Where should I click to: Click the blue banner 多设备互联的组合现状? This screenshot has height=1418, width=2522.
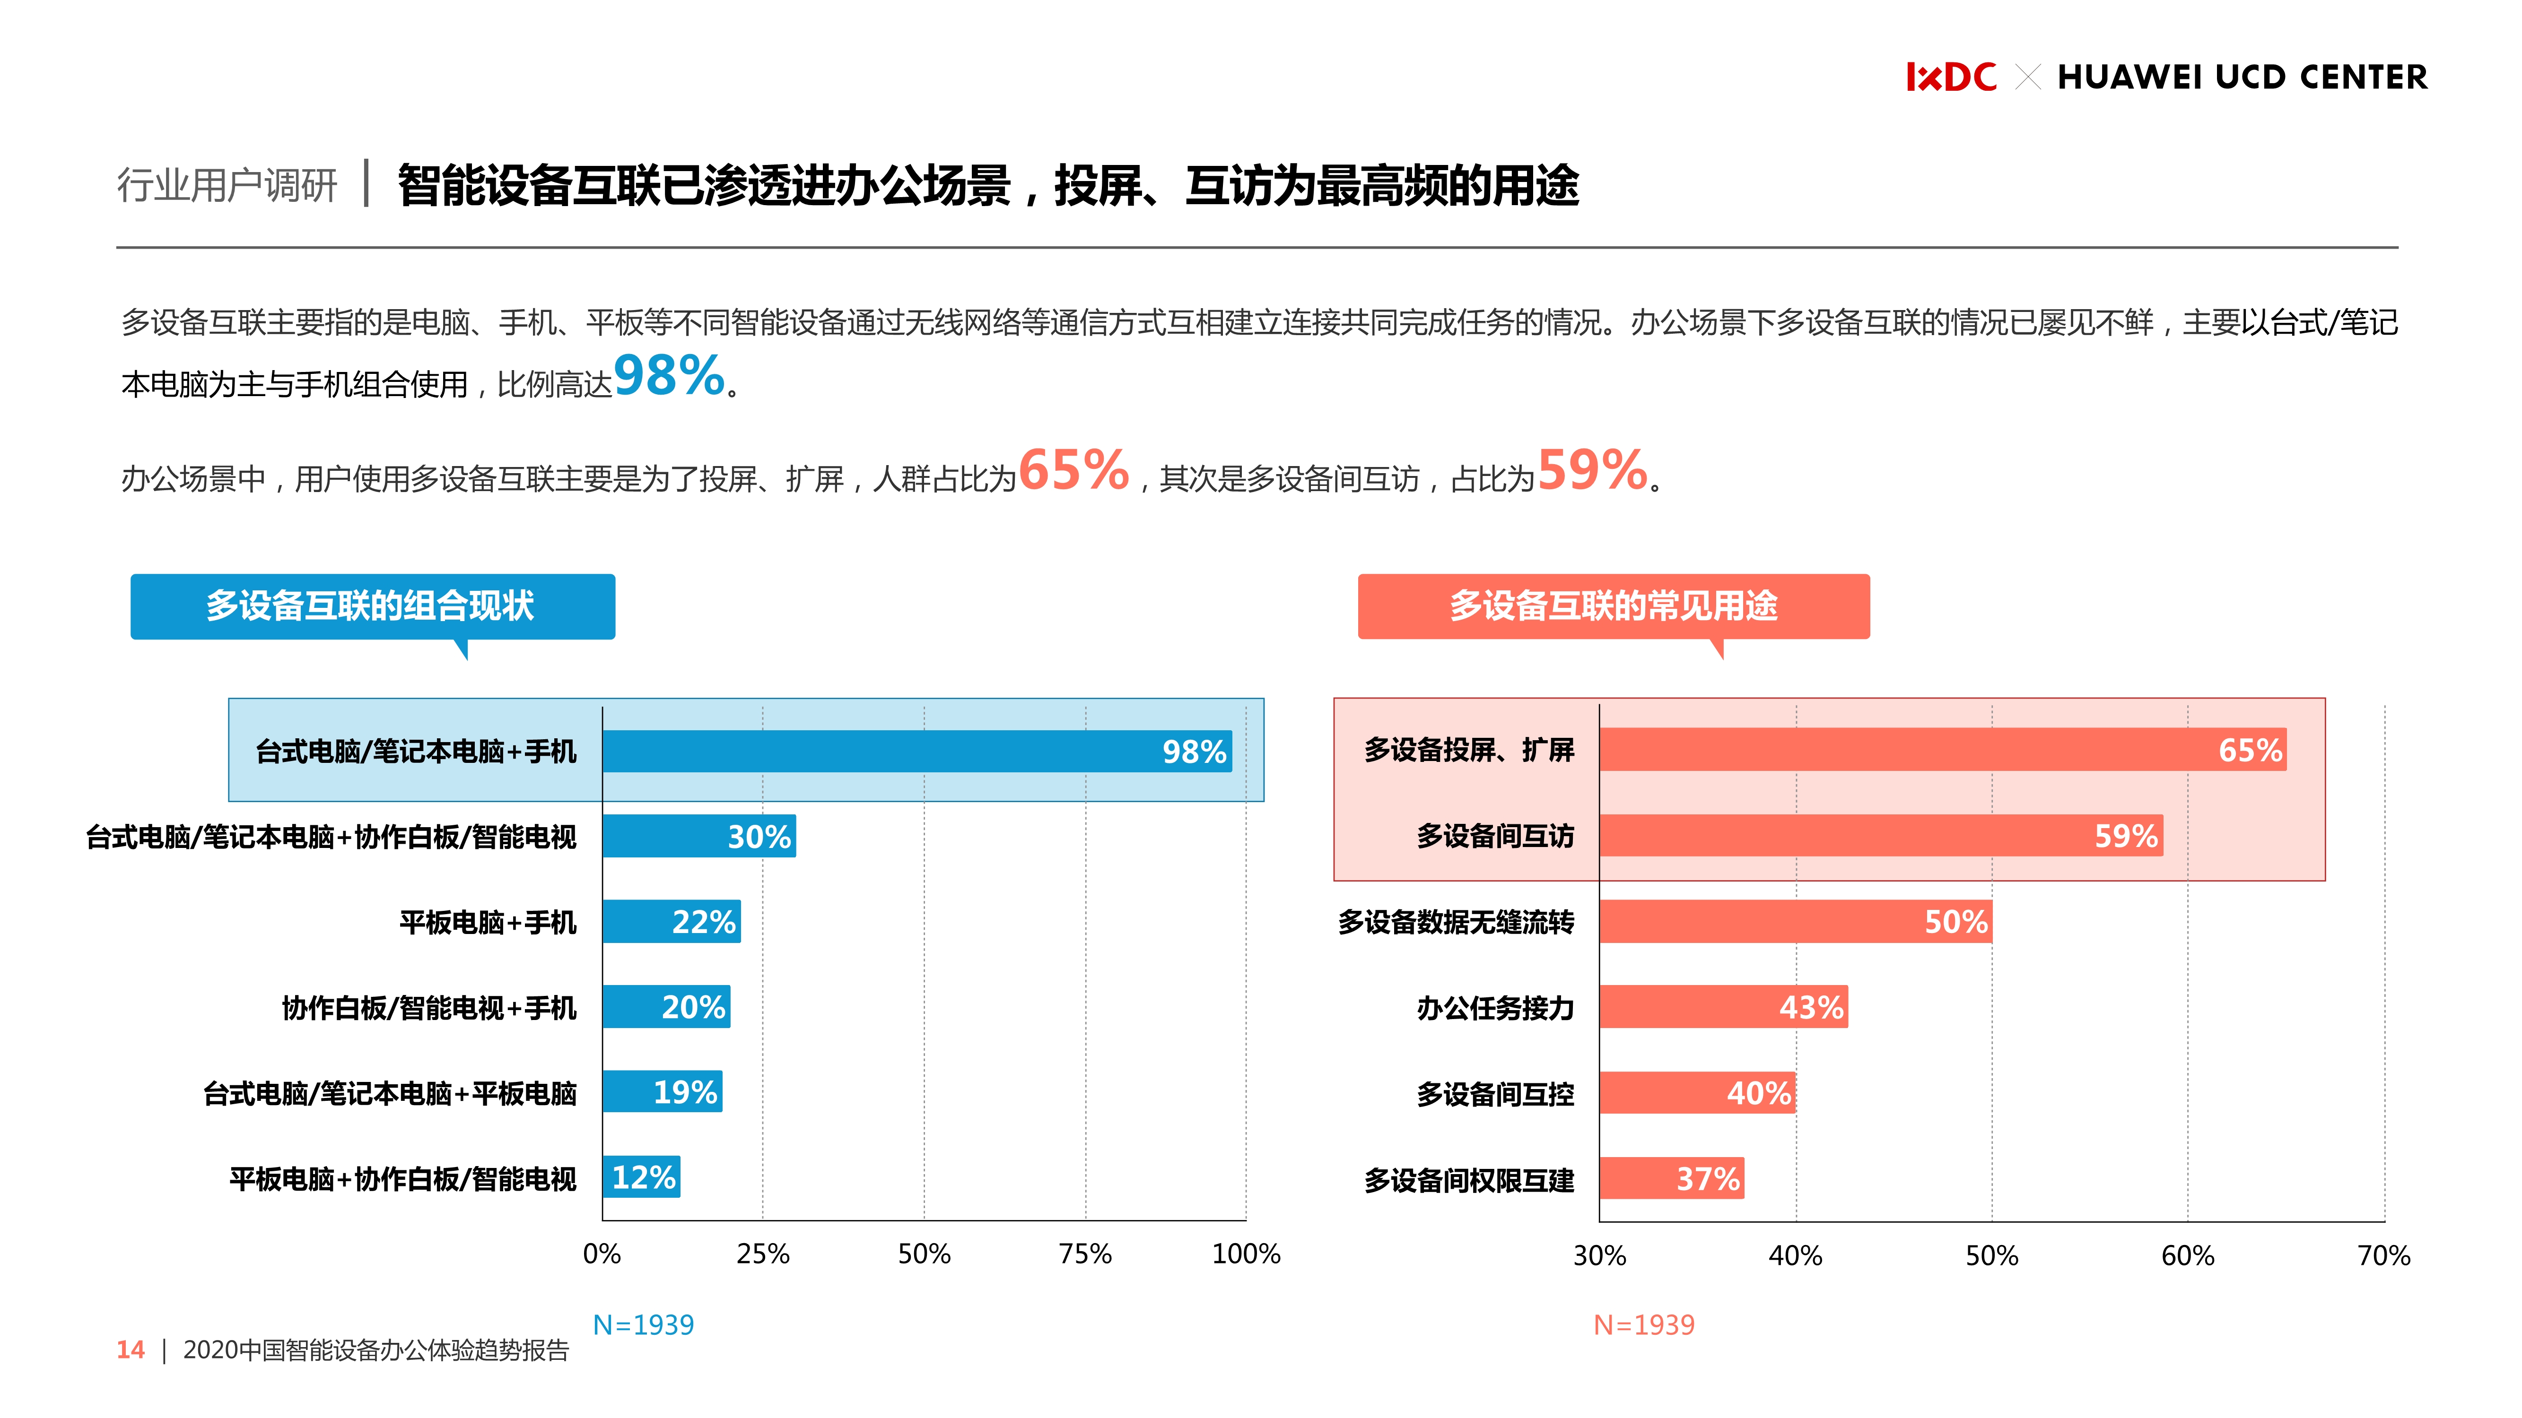pos(372,606)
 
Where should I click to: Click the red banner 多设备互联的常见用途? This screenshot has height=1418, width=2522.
pos(1613,606)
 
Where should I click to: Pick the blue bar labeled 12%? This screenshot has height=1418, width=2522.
pos(641,1177)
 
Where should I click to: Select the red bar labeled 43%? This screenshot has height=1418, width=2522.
pos(1723,1007)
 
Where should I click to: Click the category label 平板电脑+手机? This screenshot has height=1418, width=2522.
pos(488,922)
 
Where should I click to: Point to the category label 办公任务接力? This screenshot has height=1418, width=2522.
pos(1495,1008)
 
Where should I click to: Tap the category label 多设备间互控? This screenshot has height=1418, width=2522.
pos(1495,1093)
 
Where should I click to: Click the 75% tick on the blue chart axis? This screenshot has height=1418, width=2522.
pos(1085,1254)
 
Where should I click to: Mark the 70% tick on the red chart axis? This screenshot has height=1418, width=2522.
pos(2383,1255)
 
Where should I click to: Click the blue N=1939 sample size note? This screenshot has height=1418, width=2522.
pos(643,1325)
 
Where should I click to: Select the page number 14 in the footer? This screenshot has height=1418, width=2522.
pos(130,1350)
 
